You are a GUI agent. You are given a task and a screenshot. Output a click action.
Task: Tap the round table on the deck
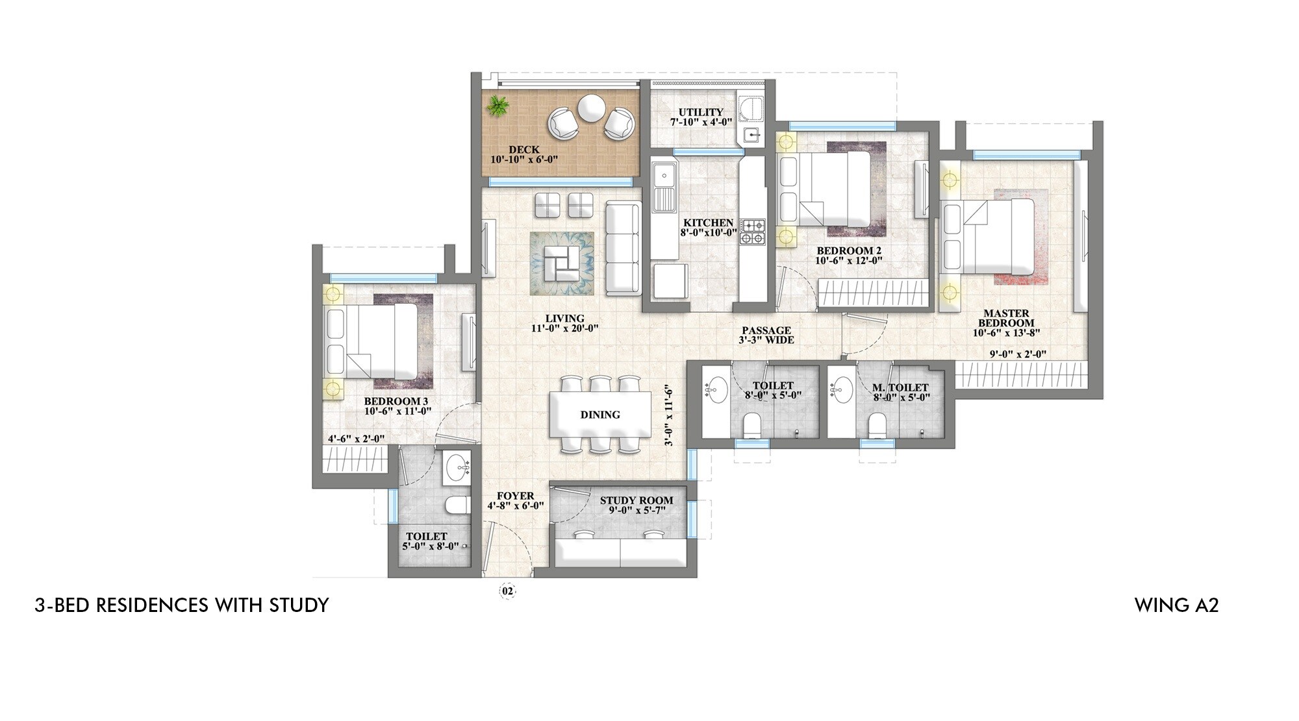[590, 108]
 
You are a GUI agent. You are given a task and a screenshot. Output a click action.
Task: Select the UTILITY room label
[701, 112]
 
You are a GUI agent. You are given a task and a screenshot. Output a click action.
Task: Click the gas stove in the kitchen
[753, 232]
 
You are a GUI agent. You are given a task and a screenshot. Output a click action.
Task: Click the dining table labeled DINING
[599, 415]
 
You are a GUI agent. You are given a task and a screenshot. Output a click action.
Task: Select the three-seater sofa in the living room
[623, 247]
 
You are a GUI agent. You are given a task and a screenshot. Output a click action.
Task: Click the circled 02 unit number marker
[507, 591]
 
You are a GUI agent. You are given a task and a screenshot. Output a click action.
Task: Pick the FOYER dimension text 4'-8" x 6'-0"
[515, 506]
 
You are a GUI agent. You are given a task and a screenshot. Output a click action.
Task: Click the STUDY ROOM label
[636, 500]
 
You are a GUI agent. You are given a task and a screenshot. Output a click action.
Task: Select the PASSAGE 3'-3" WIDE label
[766, 335]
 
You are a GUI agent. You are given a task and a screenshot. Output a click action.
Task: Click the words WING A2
[1176, 605]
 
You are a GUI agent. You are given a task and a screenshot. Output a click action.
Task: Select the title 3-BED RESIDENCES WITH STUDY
[182, 605]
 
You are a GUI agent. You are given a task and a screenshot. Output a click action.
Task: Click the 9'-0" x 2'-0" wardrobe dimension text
[1017, 354]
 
